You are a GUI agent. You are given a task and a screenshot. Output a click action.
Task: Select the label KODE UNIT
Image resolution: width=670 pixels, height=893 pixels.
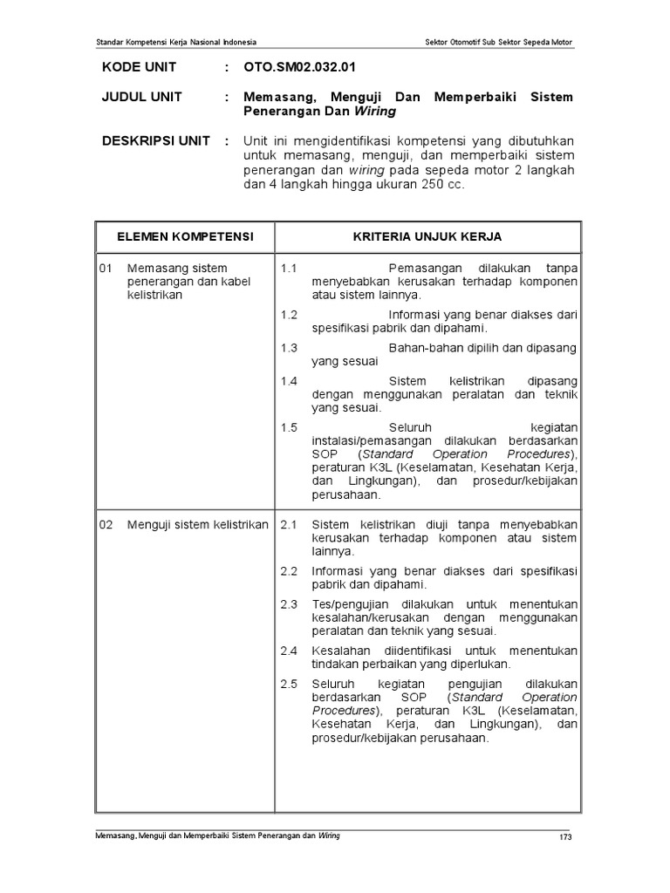click(x=139, y=67)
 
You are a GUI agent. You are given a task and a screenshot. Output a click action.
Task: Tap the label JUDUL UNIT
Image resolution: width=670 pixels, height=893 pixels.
click(x=142, y=97)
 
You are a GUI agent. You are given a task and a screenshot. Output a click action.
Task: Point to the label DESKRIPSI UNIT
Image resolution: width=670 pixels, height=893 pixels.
click(x=155, y=141)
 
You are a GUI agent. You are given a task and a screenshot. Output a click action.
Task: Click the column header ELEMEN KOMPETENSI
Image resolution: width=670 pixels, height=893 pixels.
click(x=186, y=236)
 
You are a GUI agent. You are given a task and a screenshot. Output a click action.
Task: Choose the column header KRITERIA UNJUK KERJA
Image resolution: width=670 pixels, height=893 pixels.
click(x=427, y=236)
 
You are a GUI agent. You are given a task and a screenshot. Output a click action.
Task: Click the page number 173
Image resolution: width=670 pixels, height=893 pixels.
click(x=565, y=839)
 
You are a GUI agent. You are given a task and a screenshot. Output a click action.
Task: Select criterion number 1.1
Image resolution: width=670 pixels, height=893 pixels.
click(x=290, y=268)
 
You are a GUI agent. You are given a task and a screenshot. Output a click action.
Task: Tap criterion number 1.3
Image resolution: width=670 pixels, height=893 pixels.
click(x=290, y=348)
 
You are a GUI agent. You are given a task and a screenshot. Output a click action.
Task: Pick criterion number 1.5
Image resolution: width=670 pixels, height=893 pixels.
click(x=290, y=427)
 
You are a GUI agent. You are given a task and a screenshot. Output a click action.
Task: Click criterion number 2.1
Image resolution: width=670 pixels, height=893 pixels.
click(x=290, y=524)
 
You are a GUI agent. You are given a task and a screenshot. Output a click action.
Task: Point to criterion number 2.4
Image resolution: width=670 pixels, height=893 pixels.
click(x=290, y=650)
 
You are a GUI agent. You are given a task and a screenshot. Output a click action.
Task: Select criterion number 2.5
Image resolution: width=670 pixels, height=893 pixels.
click(x=290, y=683)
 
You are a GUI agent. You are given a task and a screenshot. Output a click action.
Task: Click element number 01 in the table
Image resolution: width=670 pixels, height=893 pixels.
click(x=106, y=268)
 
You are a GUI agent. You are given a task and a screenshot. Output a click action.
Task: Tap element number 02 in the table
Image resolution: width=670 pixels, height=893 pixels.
click(x=106, y=524)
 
